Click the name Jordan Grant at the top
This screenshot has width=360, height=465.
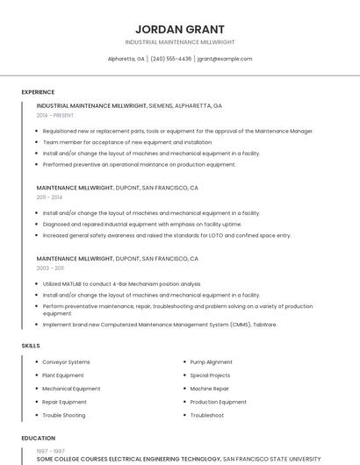coord(180,29)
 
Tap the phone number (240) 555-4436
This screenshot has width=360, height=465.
coord(170,59)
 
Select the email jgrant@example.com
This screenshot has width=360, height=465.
coord(224,59)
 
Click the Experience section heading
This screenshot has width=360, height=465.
coord(38,92)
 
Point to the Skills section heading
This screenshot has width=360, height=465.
coord(31,346)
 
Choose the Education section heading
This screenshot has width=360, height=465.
coord(38,438)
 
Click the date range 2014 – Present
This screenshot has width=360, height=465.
coord(55,115)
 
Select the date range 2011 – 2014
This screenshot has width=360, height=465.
coord(50,197)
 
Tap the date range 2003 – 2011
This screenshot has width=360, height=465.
coord(50,268)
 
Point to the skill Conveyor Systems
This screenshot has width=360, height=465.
coord(66,362)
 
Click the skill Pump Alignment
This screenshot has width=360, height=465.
coord(211,362)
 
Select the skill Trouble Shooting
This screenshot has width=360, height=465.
coord(64,415)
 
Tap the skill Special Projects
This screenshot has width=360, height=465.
coord(211,376)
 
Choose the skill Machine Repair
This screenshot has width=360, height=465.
coord(209,389)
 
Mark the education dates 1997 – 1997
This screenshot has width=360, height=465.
coord(50,451)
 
